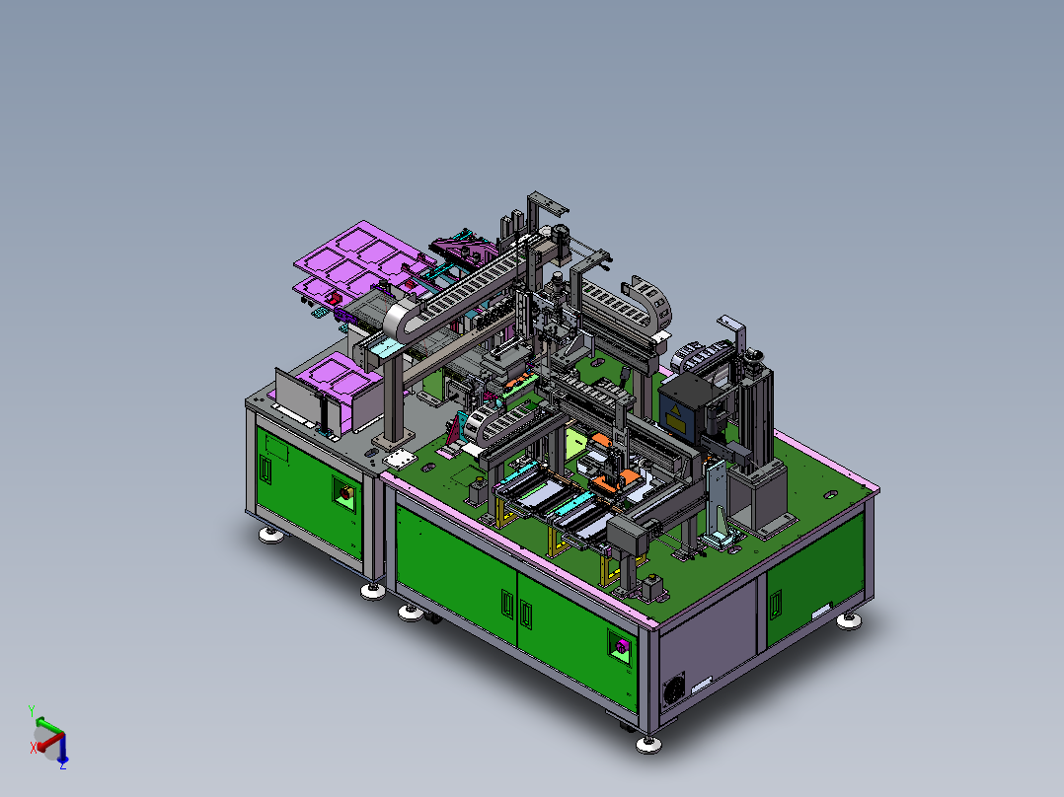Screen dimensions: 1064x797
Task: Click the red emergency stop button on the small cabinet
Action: [x=345, y=492]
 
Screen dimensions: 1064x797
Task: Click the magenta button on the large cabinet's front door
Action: [x=622, y=645]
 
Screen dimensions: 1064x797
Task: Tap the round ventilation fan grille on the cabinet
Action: [x=672, y=689]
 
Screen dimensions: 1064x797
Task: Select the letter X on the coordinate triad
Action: [x=33, y=748]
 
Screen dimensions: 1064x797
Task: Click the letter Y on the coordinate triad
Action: [x=32, y=711]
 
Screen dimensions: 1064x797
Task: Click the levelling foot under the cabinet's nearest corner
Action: [x=648, y=744]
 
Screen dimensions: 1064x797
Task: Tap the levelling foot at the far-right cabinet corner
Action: [x=849, y=620]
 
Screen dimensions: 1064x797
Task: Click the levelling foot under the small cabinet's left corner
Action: [x=271, y=536]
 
